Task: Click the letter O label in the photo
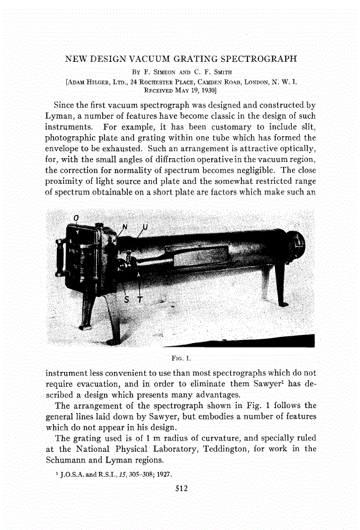(x=76, y=217)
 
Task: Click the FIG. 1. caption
(x=180, y=358)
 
